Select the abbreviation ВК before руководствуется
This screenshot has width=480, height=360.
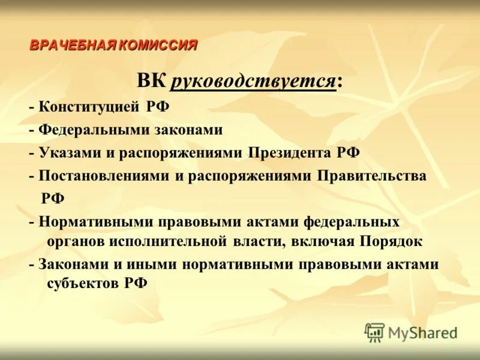point(151,81)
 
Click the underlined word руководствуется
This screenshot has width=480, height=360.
point(253,81)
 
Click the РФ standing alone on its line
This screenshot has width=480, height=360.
point(53,198)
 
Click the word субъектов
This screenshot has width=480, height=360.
point(82,284)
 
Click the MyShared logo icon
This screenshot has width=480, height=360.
point(374,332)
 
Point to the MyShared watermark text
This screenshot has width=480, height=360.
point(422,333)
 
